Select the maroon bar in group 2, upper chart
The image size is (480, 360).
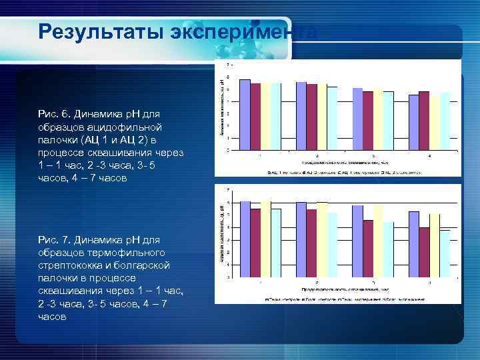click(x=311, y=117)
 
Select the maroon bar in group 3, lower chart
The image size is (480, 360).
click(x=368, y=249)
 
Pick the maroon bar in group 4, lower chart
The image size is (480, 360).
click(x=424, y=252)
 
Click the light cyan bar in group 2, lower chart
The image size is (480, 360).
click(x=332, y=245)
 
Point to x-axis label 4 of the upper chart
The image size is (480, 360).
click(x=429, y=155)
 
